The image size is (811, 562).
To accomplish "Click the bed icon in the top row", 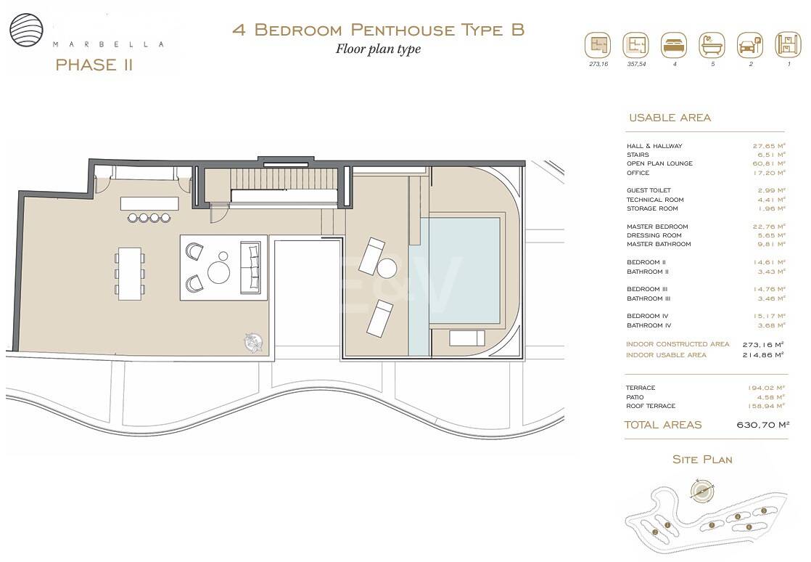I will (674, 45).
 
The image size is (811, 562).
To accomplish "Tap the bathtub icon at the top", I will (712, 45).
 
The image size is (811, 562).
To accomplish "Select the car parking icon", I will (750, 45).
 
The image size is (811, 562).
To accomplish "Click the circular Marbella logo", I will (27, 30).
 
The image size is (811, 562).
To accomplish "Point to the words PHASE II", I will (94, 65).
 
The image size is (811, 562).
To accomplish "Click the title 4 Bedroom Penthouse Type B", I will (378, 30).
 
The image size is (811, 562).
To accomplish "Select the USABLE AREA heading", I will (670, 118).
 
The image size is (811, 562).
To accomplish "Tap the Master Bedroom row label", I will (657, 227).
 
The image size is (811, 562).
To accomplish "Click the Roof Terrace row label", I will (651, 406).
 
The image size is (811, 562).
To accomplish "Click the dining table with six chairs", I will (129, 272).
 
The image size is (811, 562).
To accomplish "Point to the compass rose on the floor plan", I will (252, 340).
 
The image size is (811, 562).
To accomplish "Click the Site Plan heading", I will (702, 460).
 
